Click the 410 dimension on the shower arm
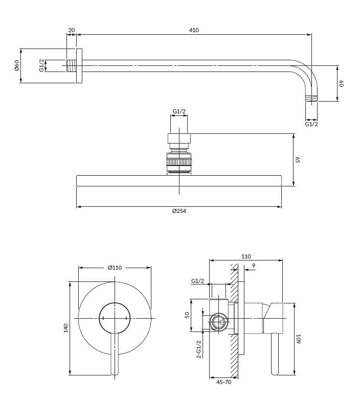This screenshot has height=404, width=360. click(x=194, y=30)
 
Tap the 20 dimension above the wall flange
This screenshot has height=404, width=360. click(x=71, y=30)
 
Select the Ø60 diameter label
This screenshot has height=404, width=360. click(x=16, y=65)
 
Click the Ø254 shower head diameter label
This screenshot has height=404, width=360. click(x=179, y=211)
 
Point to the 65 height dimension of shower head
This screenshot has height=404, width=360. click(x=297, y=159)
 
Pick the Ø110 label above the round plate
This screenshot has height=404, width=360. click(x=115, y=267)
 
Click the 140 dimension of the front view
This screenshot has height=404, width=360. click(x=66, y=328)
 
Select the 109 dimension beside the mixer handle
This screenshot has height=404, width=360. click(x=299, y=338)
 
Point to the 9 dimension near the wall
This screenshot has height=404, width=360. click(x=254, y=266)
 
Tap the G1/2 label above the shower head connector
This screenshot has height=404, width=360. click(x=179, y=111)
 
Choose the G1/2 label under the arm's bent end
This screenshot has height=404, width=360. click(x=311, y=124)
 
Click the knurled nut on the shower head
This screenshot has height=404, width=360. click(x=179, y=163)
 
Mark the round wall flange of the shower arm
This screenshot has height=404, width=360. click(x=79, y=66)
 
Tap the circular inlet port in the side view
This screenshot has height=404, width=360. click(x=219, y=323)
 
